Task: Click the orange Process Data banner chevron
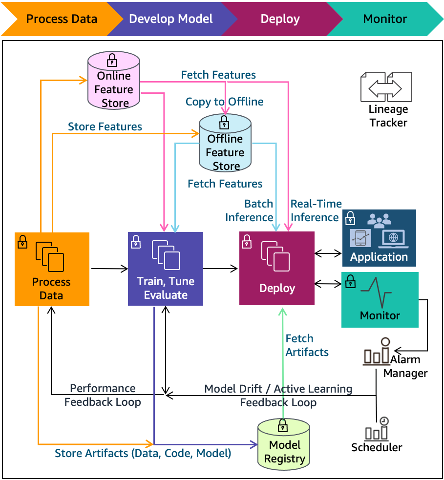tap(61, 20)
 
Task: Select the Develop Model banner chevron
tap(170, 20)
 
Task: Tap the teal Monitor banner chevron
tap(384, 20)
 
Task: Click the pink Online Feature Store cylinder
tap(113, 82)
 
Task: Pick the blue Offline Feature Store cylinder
tap(225, 145)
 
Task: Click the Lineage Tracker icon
tap(386, 87)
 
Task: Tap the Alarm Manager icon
tap(377, 353)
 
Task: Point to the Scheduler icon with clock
tap(377, 430)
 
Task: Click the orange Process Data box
tap(52, 269)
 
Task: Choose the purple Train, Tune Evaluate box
tap(165, 269)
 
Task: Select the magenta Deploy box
tap(276, 269)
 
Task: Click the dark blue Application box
tap(379, 237)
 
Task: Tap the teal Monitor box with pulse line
tap(380, 299)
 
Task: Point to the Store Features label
tap(105, 127)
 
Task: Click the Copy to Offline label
tap(224, 102)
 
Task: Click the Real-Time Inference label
tap(316, 210)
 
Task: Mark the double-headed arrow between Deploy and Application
tap(328, 253)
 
